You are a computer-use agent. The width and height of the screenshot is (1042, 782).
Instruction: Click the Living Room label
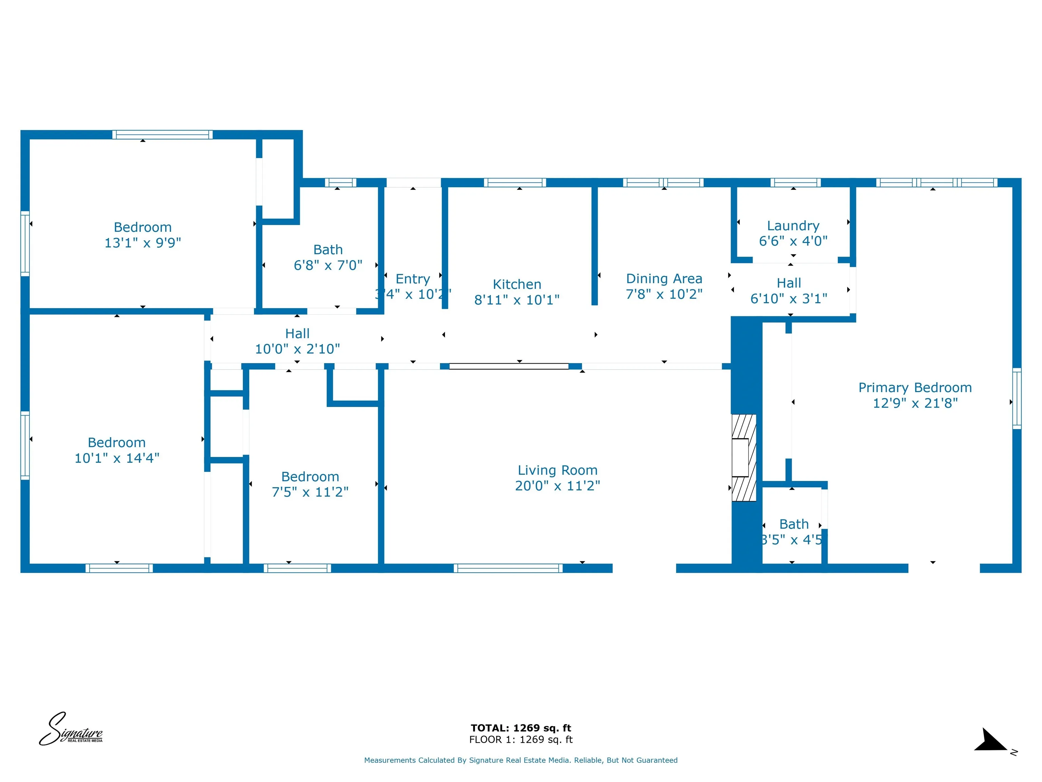coord(557,470)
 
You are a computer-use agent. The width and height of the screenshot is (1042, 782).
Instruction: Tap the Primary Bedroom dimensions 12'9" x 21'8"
coord(915,403)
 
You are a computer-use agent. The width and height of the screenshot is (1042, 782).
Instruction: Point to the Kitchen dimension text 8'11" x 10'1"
coord(517,300)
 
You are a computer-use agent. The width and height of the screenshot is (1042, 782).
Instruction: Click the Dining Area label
coord(664,279)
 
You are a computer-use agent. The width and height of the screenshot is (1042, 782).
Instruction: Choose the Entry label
coord(413,279)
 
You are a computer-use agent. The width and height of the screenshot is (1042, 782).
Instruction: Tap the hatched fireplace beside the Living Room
coord(744,457)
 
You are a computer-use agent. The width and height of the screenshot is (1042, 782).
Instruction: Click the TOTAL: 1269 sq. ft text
coord(521,728)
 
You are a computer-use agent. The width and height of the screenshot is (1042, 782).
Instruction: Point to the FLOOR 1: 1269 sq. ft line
coord(521,740)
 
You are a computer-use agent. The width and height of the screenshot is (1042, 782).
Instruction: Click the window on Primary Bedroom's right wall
coord(1017,398)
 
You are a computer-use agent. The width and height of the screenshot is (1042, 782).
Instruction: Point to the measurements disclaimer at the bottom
coord(521,760)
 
